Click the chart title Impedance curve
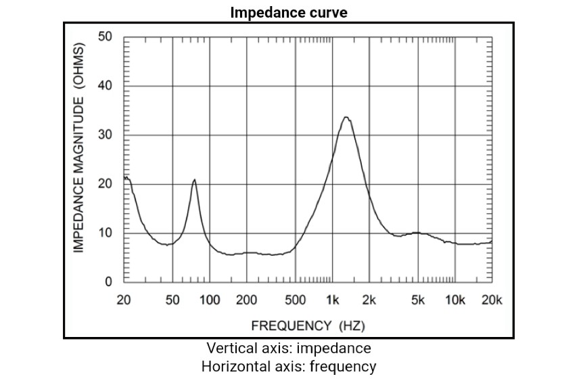pyautogui.click(x=289, y=13)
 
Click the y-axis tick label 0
pyautogui.click(x=108, y=281)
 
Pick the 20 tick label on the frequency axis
pyautogui.click(x=124, y=300)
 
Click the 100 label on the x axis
pyautogui.click(x=210, y=300)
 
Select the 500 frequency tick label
pyautogui.click(x=296, y=300)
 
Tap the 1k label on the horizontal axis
pyautogui.click(x=332, y=300)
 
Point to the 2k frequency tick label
pyautogui.click(x=369, y=300)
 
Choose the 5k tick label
pyautogui.click(x=418, y=300)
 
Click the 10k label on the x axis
pyautogui.click(x=455, y=300)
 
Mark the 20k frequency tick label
pyautogui.click(x=492, y=300)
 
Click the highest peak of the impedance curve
pyautogui.click(x=346, y=117)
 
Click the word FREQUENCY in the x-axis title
pyautogui.click(x=292, y=325)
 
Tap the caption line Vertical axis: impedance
pyautogui.click(x=289, y=348)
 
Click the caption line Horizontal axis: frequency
pyautogui.click(x=289, y=367)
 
